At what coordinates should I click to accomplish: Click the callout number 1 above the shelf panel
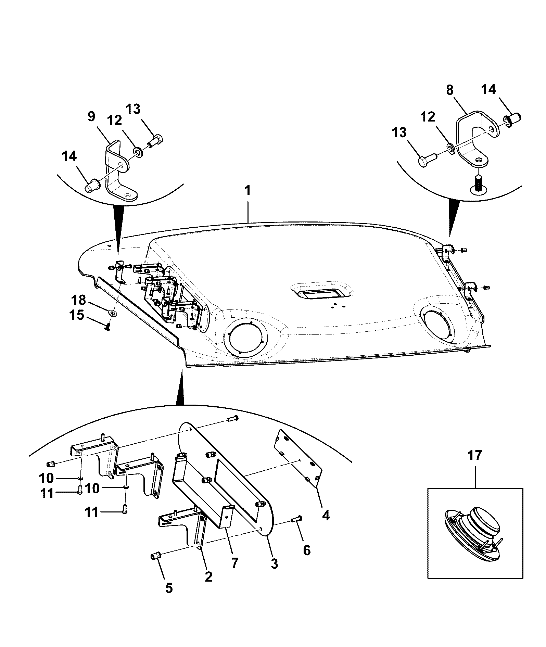247,191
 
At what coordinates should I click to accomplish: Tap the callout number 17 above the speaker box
475,455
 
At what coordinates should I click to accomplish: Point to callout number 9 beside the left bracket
91,117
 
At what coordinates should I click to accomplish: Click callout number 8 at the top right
450,90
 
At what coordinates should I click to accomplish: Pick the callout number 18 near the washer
79,300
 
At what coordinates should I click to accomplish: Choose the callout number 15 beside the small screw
77,315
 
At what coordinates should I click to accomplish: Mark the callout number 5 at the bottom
169,588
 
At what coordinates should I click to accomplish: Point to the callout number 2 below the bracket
208,577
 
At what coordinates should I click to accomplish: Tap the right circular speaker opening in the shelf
439,322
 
